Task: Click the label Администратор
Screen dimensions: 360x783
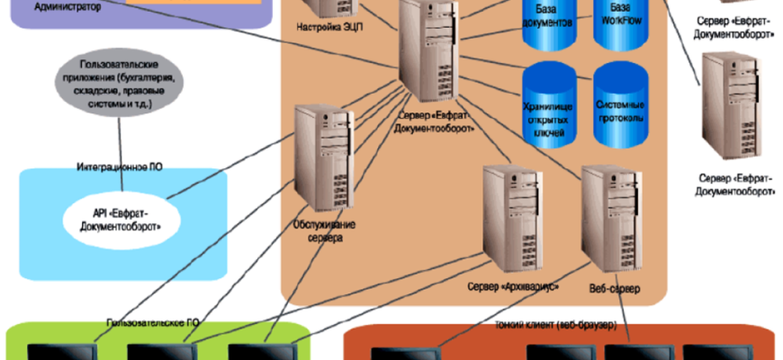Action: coord(67,5)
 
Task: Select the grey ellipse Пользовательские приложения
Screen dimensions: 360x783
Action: coord(120,85)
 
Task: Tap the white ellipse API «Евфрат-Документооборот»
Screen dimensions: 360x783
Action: coord(120,220)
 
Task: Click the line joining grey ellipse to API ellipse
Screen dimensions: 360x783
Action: coord(120,144)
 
